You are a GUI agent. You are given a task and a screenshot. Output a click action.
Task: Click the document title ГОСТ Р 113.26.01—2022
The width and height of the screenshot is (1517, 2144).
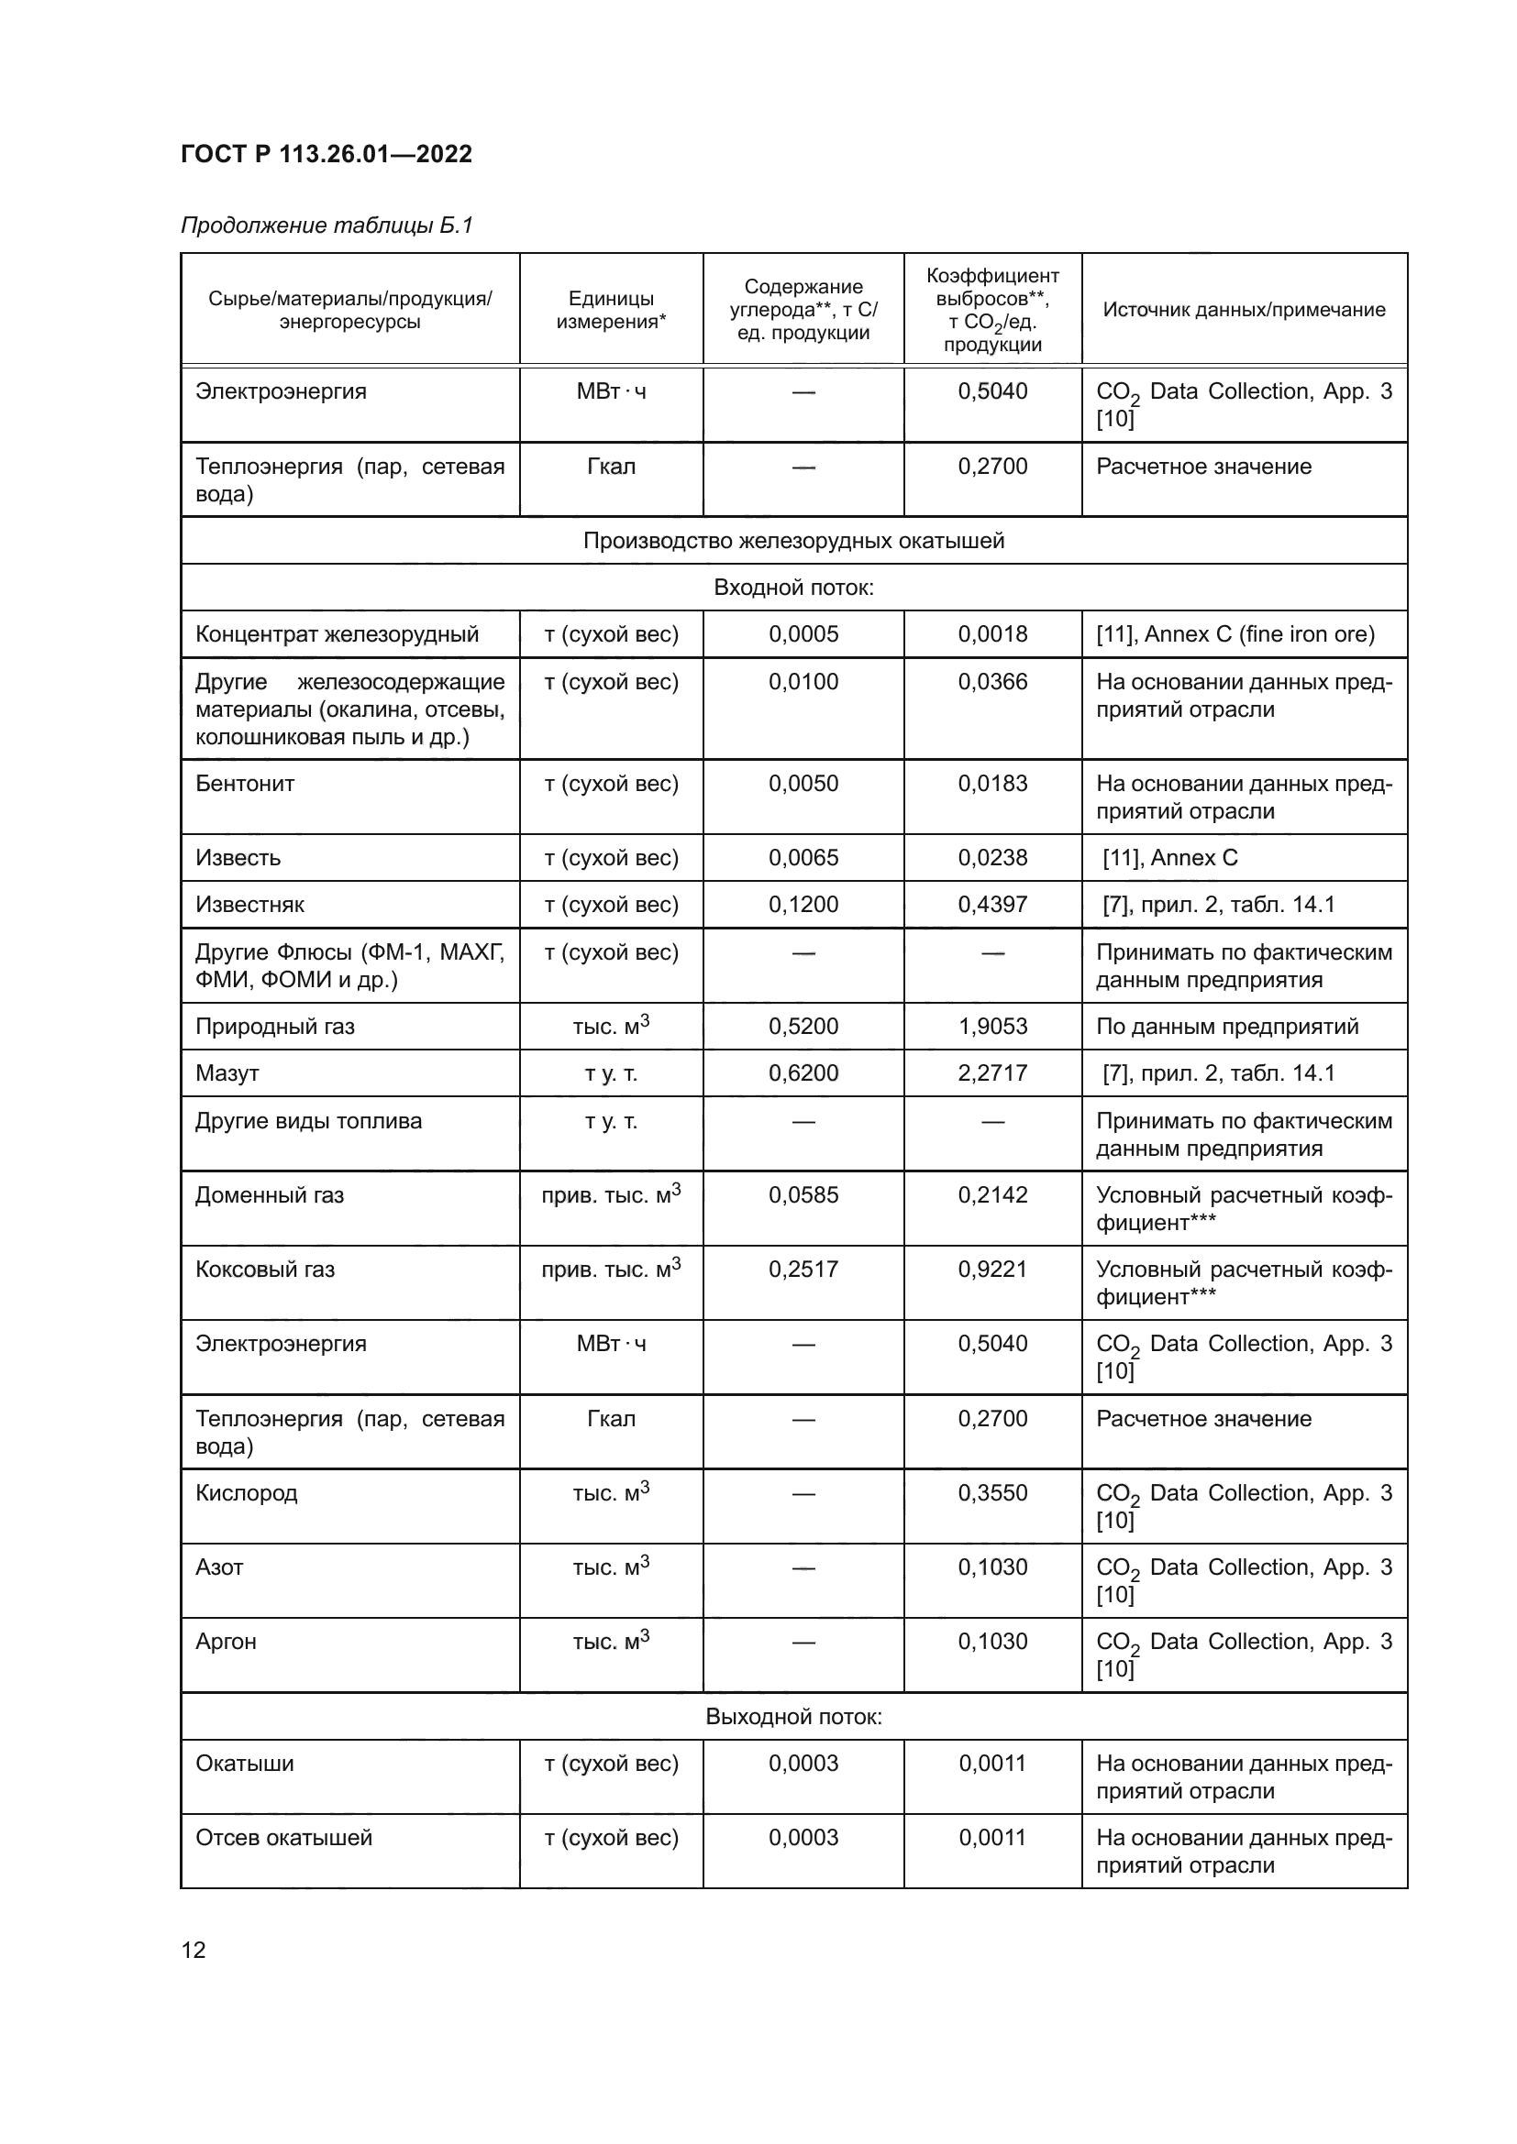point(326,154)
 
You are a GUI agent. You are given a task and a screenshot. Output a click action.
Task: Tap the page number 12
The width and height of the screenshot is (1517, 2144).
point(194,1950)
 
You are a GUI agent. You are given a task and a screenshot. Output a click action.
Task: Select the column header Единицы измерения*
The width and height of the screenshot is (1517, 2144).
point(611,310)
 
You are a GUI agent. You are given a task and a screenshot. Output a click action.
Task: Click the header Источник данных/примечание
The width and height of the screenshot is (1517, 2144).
point(1244,310)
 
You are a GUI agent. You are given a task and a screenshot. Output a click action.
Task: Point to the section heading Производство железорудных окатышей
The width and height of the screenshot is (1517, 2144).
point(793,541)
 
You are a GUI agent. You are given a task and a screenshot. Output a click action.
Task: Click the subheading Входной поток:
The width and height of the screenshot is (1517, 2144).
point(793,588)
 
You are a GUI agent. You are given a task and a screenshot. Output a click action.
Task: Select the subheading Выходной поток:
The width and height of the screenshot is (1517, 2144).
point(793,1716)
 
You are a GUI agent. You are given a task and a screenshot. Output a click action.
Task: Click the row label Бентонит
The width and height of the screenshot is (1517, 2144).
point(245,784)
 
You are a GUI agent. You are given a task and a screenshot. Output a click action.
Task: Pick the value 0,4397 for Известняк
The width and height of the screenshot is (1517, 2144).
point(992,905)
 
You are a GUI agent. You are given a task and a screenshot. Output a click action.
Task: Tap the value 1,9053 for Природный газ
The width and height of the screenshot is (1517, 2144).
point(992,1027)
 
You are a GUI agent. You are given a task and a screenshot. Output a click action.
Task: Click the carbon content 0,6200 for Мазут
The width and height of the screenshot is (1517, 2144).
point(803,1073)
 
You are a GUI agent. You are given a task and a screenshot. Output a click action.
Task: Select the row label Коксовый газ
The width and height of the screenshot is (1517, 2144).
point(264,1269)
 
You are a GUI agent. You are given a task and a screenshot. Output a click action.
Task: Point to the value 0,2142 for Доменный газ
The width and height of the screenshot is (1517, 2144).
point(992,1194)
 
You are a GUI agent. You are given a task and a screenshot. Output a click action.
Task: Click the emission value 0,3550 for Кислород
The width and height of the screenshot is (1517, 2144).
point(992,1492)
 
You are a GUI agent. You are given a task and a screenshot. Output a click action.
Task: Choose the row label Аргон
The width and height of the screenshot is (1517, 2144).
point(225,1642)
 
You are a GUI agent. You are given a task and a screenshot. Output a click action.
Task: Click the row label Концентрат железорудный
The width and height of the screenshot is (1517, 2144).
point(337,634)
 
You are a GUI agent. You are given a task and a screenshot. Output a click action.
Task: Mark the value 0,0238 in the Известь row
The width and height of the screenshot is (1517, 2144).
point(992,857)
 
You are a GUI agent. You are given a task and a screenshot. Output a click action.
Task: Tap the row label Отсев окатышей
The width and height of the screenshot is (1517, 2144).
point(283,1838)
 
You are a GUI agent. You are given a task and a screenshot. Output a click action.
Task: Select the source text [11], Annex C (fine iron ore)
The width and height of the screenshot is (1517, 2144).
point(1235,634)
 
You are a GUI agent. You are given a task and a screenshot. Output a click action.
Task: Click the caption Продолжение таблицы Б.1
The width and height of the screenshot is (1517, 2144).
point(327,225)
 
